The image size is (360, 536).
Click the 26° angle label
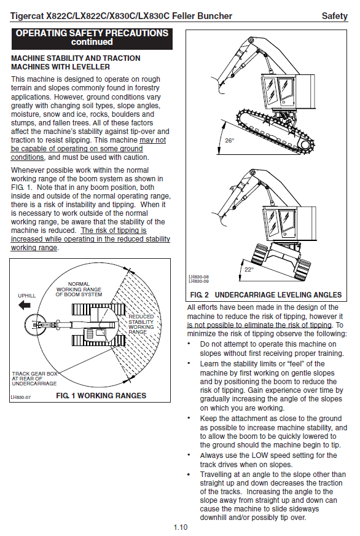pyautogui.click(x=230, y=141)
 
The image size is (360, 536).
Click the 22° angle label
pyautogui.click(x=249, y=270)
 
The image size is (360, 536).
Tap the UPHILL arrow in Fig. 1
pyautogui.click(x=25, y=305)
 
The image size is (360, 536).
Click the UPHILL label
pyautogui.click(x=26, y=296)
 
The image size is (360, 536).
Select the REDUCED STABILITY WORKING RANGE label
pyautogui.click(x=141, y=324)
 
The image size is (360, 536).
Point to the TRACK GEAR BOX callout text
pyautogui.click(x=34, y=379)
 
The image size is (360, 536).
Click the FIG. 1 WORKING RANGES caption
pyautogui.click(x=101, y=395)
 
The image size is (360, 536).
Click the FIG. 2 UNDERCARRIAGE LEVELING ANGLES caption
pyautogui.click(x=266, y=294)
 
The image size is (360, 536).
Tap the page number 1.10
pyautogui.click(x=181, y=527)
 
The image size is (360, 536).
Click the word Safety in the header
pyautogui.click(x=334, y=16)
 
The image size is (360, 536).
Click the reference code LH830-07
pyautogui.click(x=20, y=397)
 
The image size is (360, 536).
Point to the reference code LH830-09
pyautogui.click(x=199, y=282)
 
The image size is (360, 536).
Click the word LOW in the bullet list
pyautogui.click(x=260, y=455)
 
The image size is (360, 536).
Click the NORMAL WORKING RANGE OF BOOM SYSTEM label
pyautogui.click(x=79, y=289)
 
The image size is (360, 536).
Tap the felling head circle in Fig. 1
pyautogui.click(x=35, y=324)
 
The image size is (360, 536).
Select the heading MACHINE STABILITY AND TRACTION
pyautogui.click(x=76, y=58)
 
